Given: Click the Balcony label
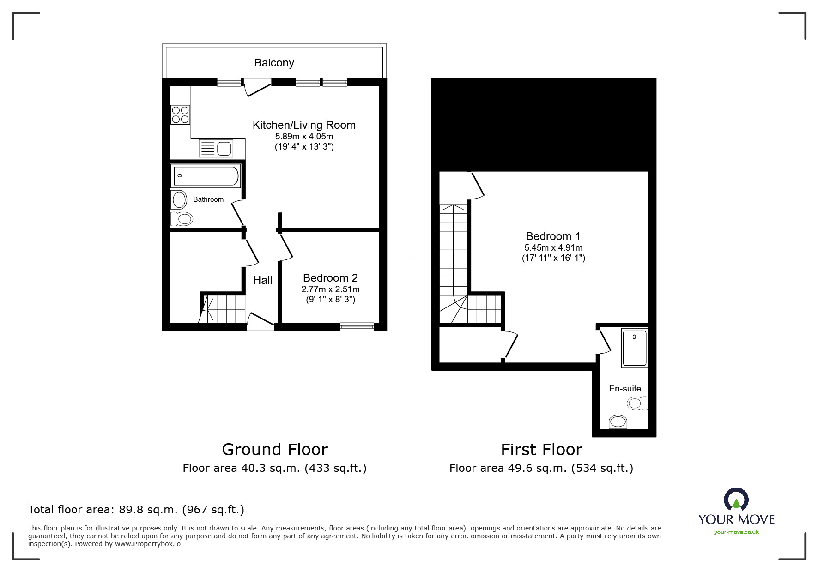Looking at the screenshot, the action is [x=274, y=63].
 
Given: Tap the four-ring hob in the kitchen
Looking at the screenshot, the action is [x=180, y=114].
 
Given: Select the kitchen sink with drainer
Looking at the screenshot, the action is [x=216, y=149].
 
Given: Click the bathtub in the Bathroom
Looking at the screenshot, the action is [x=206, y=176].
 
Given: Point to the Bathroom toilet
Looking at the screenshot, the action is [x=182, y=218].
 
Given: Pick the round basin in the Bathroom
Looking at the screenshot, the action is [x=180, y=200].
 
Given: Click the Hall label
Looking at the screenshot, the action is [x=262, y=280].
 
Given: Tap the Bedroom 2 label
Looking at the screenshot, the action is [x=330, y=278].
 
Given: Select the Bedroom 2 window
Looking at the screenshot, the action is [x=357, y=327].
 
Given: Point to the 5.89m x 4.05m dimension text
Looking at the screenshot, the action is [x=304, y=137].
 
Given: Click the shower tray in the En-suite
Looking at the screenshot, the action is [x=635, y=348].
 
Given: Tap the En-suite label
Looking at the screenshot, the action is [x=625, y=389].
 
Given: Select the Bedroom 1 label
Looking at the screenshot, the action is [x=553, y=236].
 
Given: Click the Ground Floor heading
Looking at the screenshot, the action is [x=275, y=449].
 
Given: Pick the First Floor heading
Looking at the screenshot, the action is [x=541, y=449].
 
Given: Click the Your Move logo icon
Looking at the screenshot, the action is [x=736, y=500].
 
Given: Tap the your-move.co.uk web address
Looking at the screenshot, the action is [x=736, y=532].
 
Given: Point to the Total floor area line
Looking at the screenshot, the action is [x=136, y=510].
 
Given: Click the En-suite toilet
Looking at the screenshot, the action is [x=638, y=403].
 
